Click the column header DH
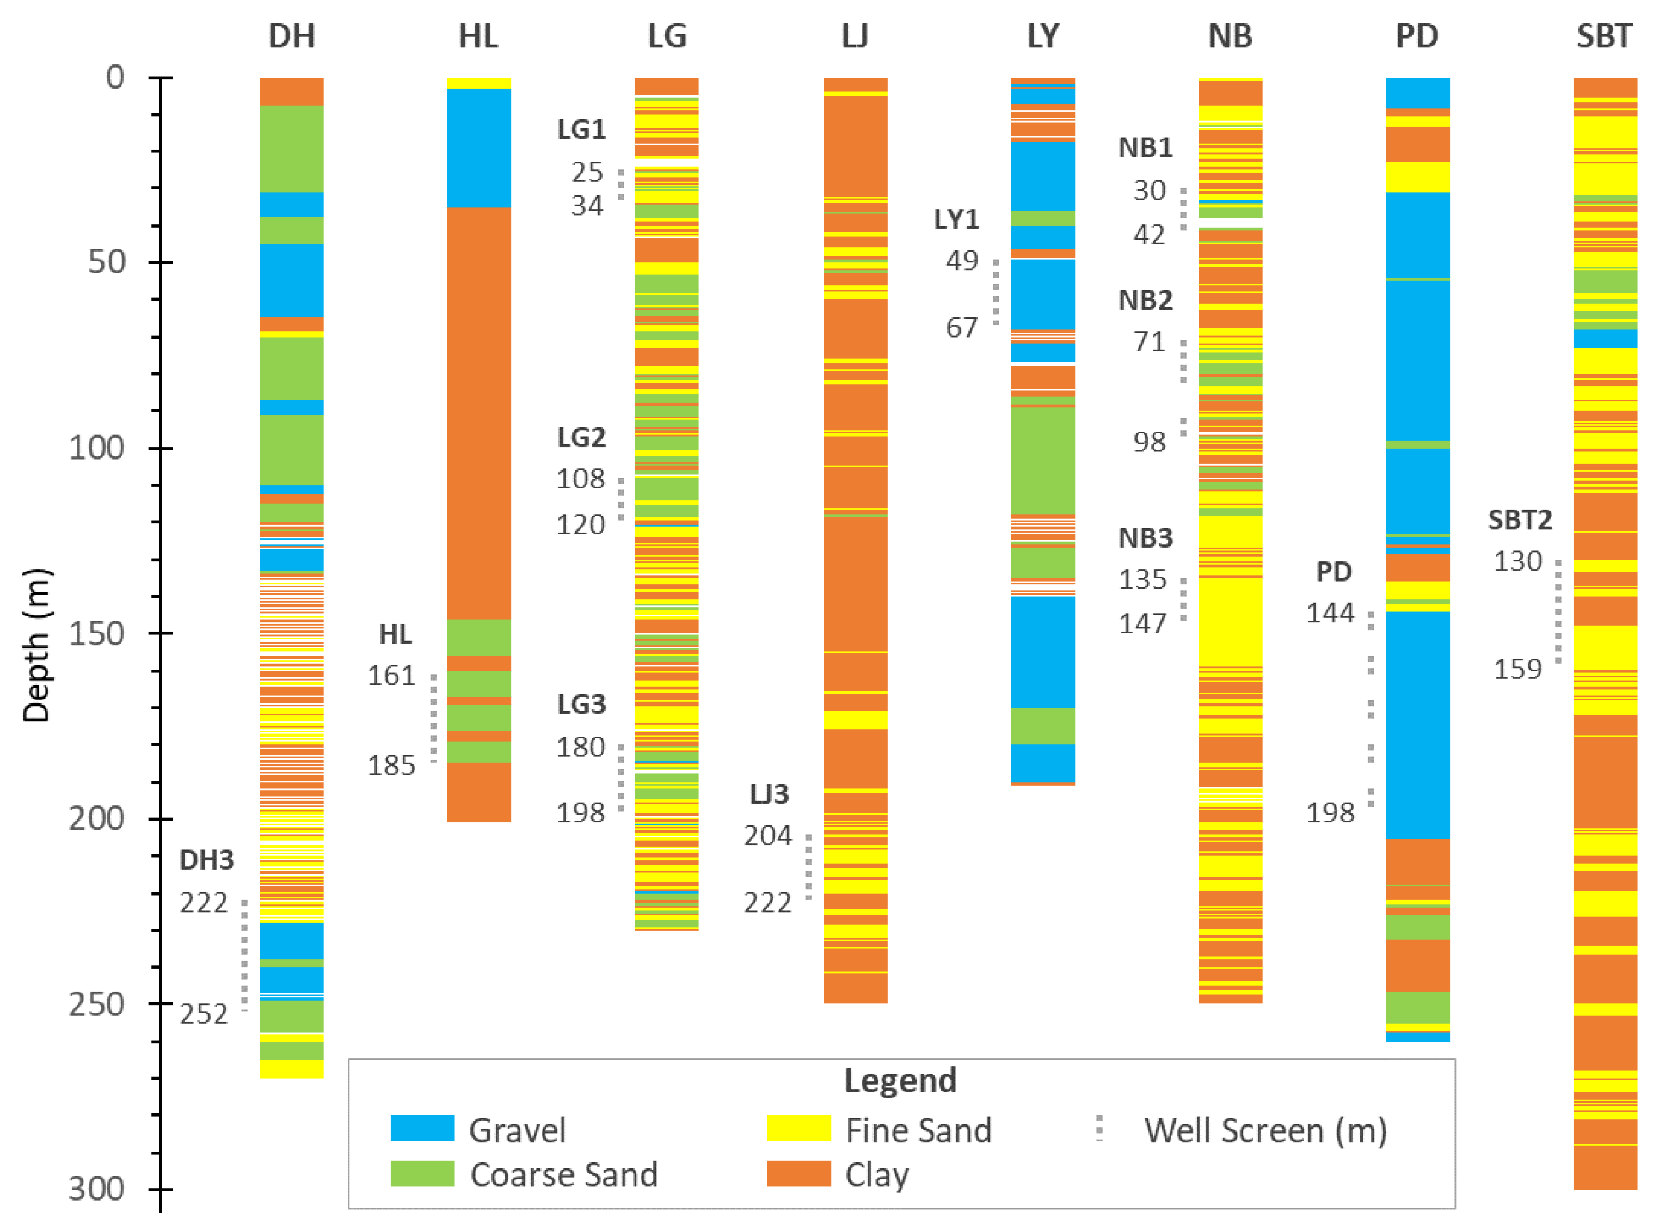click(291, 35)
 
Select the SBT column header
click(1603, 35)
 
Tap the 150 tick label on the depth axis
click(96, 633)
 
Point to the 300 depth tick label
click(96, 1189)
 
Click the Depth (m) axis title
click(35, 645)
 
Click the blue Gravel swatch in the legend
click(422, 1128)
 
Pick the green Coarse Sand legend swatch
click(422, 1173)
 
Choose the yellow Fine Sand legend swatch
click(798, 1128)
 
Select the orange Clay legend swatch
click(798, 1173)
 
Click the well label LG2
click(581, 438)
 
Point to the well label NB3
click(1145, 538)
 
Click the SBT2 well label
click(1520, 520)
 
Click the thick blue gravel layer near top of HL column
click(478, 146)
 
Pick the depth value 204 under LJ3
click(767, 836)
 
